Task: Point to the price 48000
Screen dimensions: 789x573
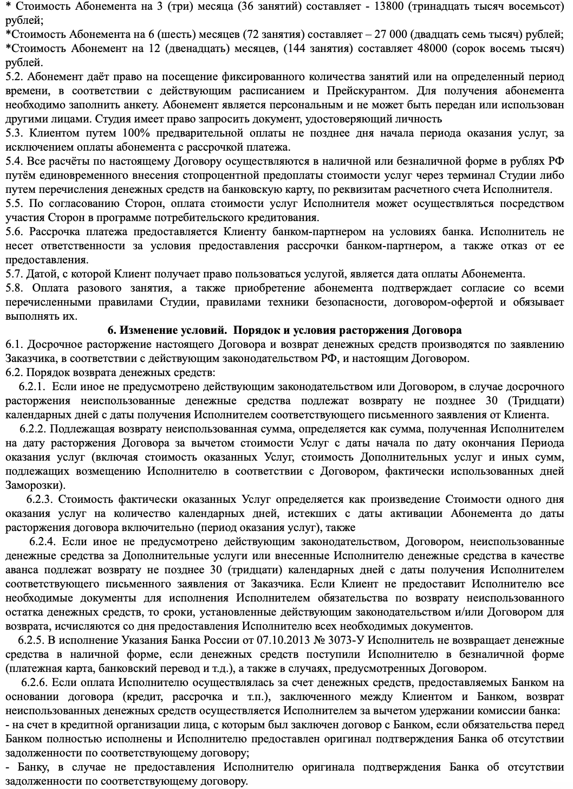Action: pos(427,48)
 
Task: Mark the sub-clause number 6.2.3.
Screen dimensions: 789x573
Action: pos(41,499)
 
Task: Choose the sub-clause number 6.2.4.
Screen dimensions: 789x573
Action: pos(43,541)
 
